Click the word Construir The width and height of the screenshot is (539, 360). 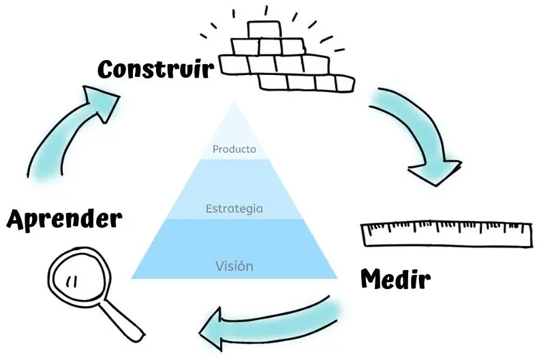[x=155, y=68]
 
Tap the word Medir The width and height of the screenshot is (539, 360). [x=395, y=279]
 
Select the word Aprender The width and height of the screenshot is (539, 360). [x=64, y=220]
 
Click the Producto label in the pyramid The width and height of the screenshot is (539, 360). [x=234, y=149]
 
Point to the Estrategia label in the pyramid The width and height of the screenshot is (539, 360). [x=234, y=209]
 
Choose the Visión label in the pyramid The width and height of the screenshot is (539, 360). [x=234, y=266]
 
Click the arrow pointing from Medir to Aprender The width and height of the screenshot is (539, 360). [x=273, y=321]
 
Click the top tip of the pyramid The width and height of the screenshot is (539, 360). [x=234, y=104]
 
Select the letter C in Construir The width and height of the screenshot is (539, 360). [x=108, y=69]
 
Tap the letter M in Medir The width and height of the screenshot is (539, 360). [x=371, y=278]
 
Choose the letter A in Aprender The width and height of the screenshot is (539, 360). [x=18, y=220]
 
